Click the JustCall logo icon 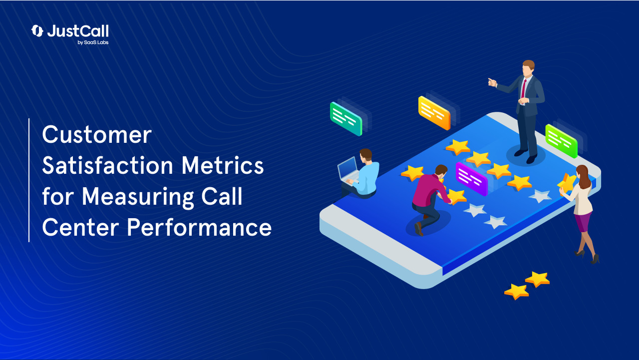click(37, 31)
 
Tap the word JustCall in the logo click(77, 31)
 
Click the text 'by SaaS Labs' click(93, 42)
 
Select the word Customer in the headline click(96, 135)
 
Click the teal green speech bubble click(345, 119)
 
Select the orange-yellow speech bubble click(434, 113)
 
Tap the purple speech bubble click(471, 178)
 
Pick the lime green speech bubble click(561, 141)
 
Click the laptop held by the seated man click(348, 169)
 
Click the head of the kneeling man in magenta click(441, 170)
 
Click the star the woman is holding click(567, 183)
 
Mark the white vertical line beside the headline click(29, 180)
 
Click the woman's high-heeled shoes click(588, 256)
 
